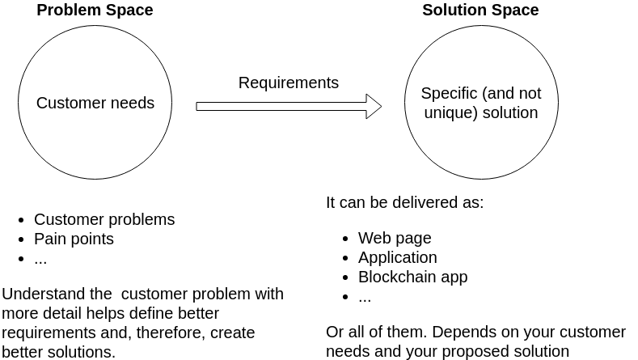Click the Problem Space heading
(x=95, y=11)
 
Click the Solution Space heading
(x=480, y=11)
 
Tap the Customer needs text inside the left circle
(x=95, y=104)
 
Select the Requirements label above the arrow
(x=289, y=83)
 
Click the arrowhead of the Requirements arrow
(x=374, y=106)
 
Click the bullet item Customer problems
(x=104, y=220)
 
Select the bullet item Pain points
(x=74, y=239)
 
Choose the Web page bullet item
(x=395, y=239)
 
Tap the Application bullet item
(x=398, y=258)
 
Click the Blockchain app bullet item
(x=413, y=277)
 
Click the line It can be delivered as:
(x=404, y=203)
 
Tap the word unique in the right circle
(x=446, y=113)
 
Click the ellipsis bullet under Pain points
(x=40, y=259)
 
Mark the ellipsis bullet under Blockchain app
(x=365, y=297)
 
